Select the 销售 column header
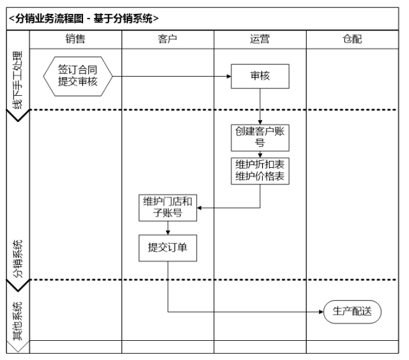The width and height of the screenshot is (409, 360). [75, 40]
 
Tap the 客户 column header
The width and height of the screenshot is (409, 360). [167, 40]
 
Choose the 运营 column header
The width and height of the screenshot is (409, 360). [259, 40]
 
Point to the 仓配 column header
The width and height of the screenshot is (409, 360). [352, 40]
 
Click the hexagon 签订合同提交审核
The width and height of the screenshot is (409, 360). [78, 76]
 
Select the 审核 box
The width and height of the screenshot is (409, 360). [260, 76]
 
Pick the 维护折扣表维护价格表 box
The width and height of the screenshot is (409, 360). [260, 170]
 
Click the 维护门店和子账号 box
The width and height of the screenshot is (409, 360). [168, 208]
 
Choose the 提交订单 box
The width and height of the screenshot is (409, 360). [168, 248]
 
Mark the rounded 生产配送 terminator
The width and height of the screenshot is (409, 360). [352, 312]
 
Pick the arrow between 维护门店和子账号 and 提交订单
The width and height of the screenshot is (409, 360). [168, 228]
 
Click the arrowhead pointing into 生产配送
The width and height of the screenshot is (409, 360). [320, 312]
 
